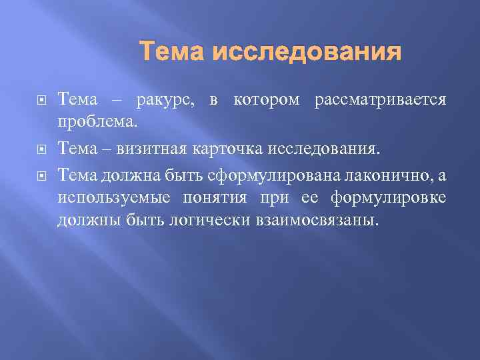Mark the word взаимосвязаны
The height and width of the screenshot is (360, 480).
pyautogui.click(x=316, y=221)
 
